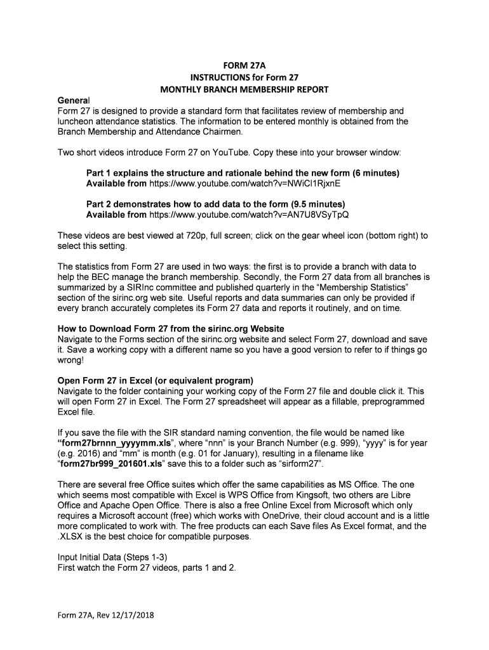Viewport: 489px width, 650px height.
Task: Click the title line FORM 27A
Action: pos(245,65)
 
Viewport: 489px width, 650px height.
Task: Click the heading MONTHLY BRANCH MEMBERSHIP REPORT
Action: pos(245,89)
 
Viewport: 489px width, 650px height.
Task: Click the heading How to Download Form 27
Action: pos(171,329)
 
